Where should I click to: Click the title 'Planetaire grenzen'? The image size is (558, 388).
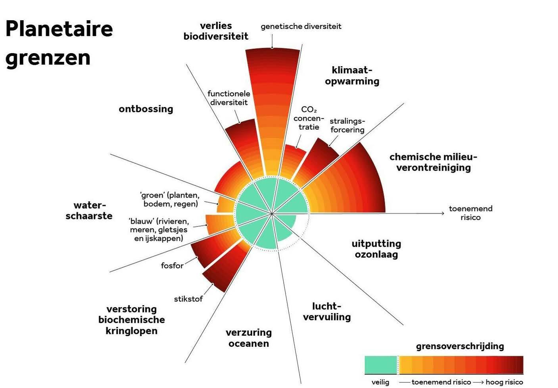(x=59, y=43)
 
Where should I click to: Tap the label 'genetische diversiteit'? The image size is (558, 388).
(x=301, y=27)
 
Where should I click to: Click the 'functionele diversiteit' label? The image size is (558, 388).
(x=229, y=98)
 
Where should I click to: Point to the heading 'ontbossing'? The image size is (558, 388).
(x=146, y=109)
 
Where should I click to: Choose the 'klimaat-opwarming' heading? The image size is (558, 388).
(x=352, y=76)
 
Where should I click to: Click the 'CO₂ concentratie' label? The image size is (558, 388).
(x=309, y=118)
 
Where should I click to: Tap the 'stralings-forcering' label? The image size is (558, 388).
(x=347, y=126)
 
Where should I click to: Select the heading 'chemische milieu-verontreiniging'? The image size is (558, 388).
(x=433, y=162)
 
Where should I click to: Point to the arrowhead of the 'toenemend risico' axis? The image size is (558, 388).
(x=443, y=213)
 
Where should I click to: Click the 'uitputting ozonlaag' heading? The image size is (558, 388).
(x=376, y=249)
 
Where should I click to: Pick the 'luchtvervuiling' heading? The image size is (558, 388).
(x=327, y=311)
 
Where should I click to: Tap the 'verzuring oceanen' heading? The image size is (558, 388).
(x=249, y=338)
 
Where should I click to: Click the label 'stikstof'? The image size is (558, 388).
(x=188, y=299)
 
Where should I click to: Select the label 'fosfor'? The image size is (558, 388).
(x=172, y=265)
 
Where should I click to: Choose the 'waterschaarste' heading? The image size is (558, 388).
(x=89, y=211)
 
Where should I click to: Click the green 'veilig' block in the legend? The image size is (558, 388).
(x=381, y=365)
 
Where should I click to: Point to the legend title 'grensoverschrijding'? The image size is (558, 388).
(x=460, y=346)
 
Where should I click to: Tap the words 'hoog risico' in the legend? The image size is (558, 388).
(x=504, y=382)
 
